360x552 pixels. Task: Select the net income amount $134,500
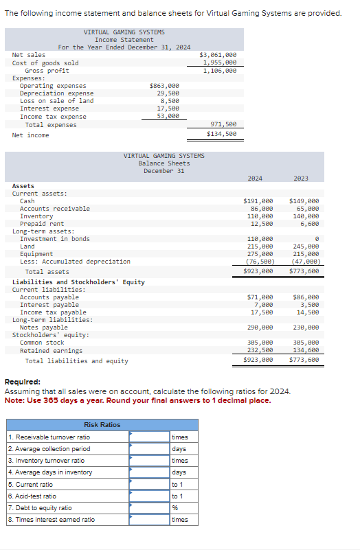tap(221, 135)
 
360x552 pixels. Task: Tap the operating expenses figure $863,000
tap(164, 86)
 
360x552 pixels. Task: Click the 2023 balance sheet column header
tap(301, 179)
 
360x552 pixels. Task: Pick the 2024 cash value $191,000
tap(258, 201)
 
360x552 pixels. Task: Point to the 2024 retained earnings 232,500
tap(260, 350)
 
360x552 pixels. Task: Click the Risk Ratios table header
tap(102, 425)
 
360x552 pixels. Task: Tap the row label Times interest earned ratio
tap(52, 520)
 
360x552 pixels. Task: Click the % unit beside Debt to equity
tap(175, 508)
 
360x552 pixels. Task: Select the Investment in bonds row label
tap(54, 239)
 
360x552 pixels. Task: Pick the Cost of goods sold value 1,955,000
tap(220, 62)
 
